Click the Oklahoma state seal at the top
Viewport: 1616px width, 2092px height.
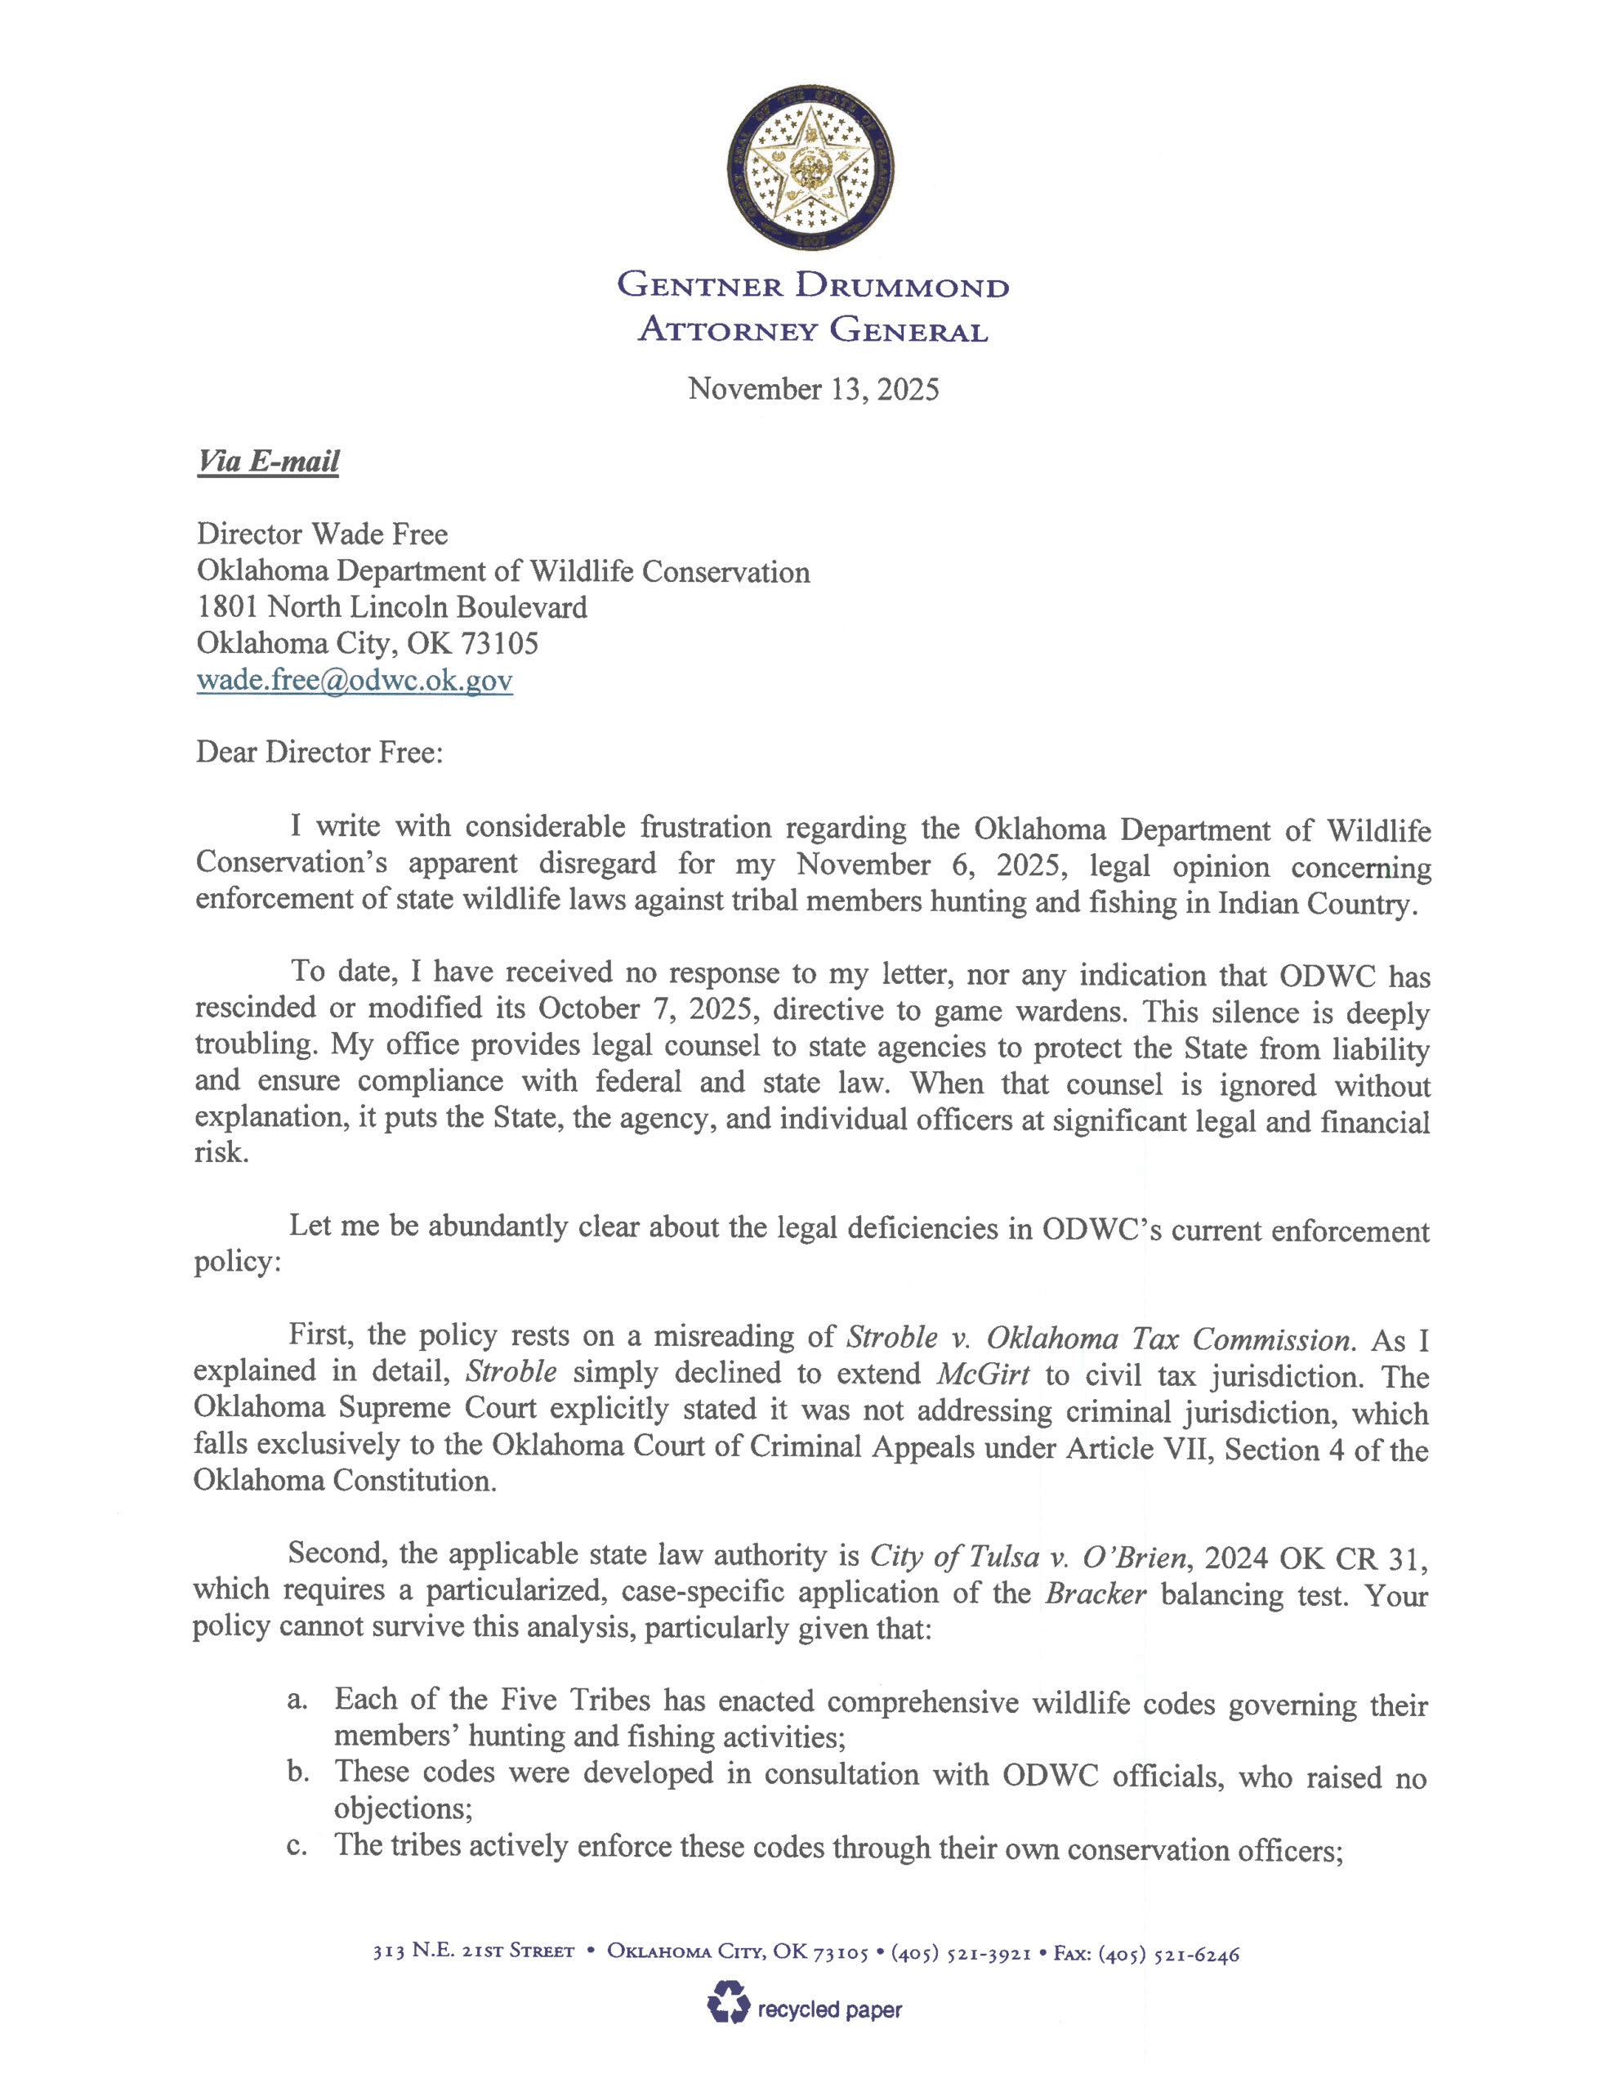click(x=811, y=168)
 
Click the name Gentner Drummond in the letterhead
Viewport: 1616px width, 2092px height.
click(x=812, y=285)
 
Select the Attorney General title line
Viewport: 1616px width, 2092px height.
click(x=812, y=329)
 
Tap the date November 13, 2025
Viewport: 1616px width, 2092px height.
click(x=813, y=389)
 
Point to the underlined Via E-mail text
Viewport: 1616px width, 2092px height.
click(x=268, y=462)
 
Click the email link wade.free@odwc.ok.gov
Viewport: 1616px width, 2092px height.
click(x=355, y=680)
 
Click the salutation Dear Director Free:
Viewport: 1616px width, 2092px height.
click(x=319, y=752)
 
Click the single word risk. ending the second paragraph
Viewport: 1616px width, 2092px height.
click(x=221, y=1151)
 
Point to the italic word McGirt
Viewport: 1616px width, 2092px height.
click(x=984, y=1375)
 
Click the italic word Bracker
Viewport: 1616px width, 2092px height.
click(x=1095, y=1594)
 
